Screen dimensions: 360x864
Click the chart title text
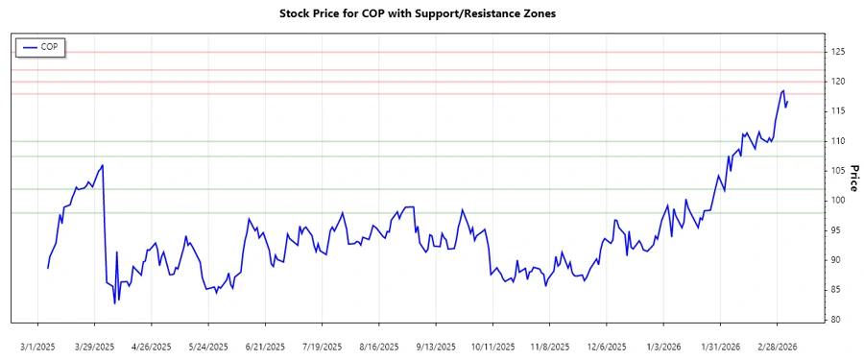(x=417, y=14)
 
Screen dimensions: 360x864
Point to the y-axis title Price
(x=853, y=178)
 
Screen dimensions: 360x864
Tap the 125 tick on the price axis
(x=838, y=52)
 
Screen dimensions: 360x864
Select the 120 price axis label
(x=838, y=82)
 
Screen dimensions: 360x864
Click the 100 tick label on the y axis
(x=838, y=201)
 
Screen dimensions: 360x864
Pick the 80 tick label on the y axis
(x=836, y=320)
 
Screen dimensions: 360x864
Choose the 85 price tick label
(x=836, y=290)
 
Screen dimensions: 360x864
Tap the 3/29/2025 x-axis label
(x=94, y=347)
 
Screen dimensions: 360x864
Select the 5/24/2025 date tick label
(x=208, y=347)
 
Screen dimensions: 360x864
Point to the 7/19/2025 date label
(x=322, y=347)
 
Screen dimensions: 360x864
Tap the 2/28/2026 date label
(x=777, y=347)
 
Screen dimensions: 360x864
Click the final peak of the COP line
(x=783, y=90)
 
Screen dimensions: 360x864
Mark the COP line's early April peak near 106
(x=103, y=165)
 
